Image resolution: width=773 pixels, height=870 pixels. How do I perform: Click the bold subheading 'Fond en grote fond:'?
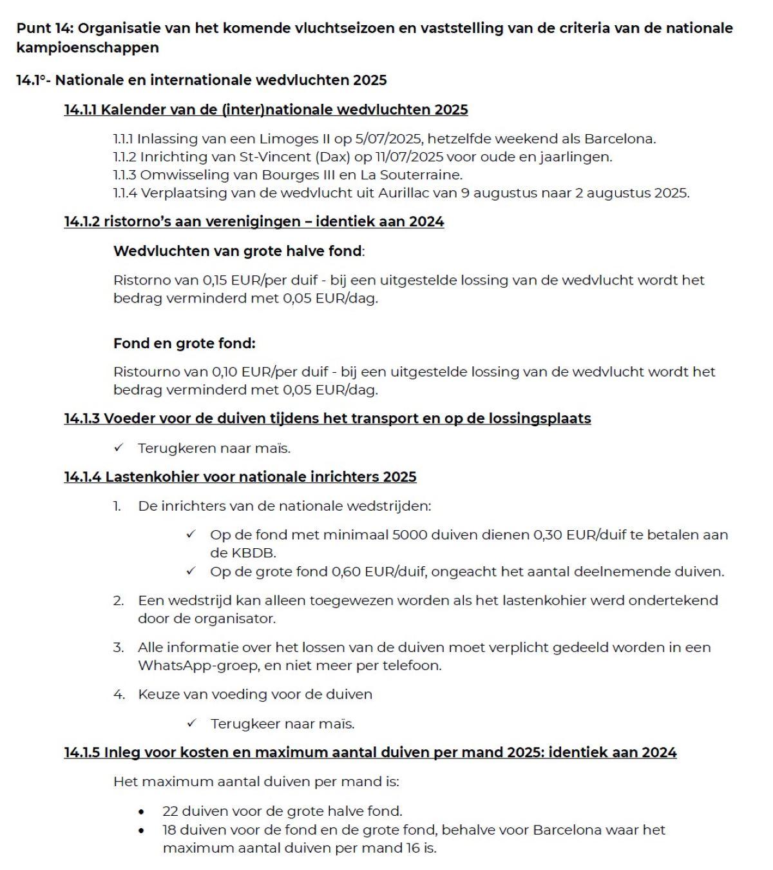(184, 343)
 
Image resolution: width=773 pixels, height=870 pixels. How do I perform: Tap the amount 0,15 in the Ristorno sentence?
(216, 281)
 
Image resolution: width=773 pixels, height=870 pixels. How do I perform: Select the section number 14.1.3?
(82, 419)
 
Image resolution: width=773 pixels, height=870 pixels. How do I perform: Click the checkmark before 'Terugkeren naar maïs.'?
(119, 448)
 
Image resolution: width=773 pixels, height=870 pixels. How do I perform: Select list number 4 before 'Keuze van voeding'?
(119, 695)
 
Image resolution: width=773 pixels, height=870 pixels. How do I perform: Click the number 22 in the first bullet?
(170, 811)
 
